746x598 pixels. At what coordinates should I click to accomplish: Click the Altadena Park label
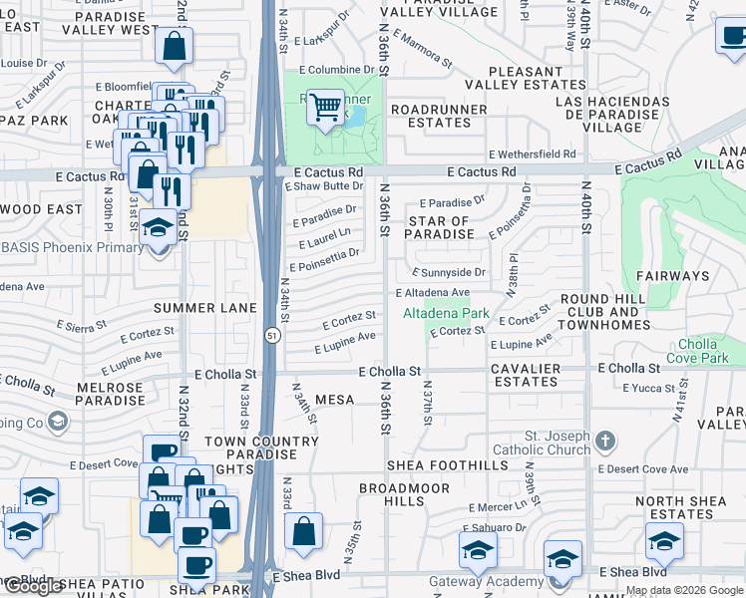tap(445, 314)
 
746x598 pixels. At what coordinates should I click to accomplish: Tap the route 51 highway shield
tap(270, 337)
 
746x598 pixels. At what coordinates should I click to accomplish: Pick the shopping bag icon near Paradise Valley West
tap(174, 45)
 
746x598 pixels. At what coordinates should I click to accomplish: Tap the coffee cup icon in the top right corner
tap(731, 38)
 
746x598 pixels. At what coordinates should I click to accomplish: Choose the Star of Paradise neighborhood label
tap(440, 228)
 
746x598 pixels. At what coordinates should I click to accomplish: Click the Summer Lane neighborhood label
tap(205, 308)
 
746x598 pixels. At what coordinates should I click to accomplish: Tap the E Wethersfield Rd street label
tap(533, 154)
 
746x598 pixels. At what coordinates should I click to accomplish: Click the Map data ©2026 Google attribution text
tap(683, 590)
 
